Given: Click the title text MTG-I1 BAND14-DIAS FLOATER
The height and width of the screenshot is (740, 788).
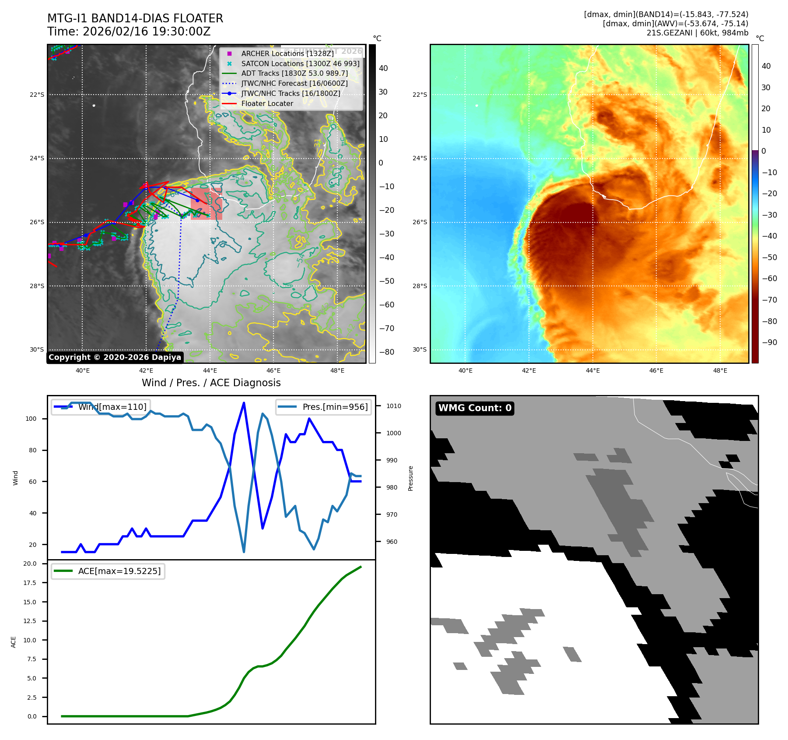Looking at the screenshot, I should (135, 18).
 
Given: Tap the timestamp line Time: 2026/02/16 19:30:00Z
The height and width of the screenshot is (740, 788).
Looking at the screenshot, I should (129, 32).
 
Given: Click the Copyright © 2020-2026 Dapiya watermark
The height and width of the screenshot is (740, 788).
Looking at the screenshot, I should (115, 357).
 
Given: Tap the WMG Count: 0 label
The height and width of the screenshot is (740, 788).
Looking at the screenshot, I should (475, 408).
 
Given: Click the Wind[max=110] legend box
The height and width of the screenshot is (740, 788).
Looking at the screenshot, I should (101, 407).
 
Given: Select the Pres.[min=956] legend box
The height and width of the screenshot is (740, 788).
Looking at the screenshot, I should (324, 407).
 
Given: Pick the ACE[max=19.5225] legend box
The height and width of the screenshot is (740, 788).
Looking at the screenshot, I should (108, 571).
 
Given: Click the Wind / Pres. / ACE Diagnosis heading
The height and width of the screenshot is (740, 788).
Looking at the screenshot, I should (211, 383).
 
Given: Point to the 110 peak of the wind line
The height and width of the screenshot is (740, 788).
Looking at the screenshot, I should (244, 403).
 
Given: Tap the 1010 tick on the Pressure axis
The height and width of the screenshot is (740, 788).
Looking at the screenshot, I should (393, 406).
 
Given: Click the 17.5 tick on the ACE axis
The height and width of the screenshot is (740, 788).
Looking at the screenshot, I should (30, 583).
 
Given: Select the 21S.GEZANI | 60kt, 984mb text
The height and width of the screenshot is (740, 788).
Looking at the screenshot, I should (697, 33).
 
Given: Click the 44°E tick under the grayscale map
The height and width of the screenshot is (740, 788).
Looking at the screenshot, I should (210, 370).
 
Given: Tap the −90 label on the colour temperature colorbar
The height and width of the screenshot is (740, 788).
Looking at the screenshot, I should (769, 342).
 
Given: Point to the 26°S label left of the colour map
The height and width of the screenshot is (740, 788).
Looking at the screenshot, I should (420, 222).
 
